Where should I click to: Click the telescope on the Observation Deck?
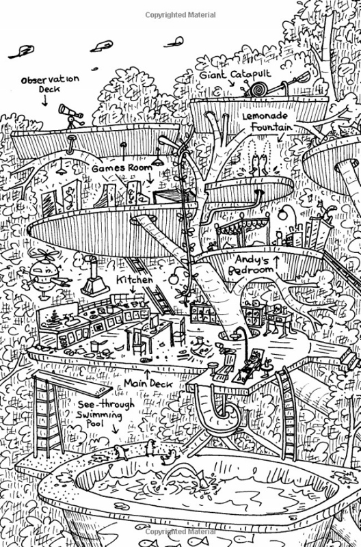[x=72, y=115]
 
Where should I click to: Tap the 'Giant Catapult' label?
[x=235, y=75]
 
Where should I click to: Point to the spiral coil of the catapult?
[x=258, y=90]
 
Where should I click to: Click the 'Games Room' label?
[x=122, y=168]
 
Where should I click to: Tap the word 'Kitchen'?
[x=134, y=280]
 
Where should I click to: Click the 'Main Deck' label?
[x=148, y=384]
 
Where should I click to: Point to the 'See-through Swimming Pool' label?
[x=105, y=414]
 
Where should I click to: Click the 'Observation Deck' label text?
[x=50, y=83]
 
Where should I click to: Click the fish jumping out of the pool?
[x=203, y=479]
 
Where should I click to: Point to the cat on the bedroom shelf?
[x=327, y=210]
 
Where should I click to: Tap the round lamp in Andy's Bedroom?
[x=283, y=213]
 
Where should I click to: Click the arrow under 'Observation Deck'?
[x=44, y=101]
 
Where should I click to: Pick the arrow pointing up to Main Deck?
[x=148, y=374]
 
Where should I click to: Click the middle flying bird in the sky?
[x=101, y=46]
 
